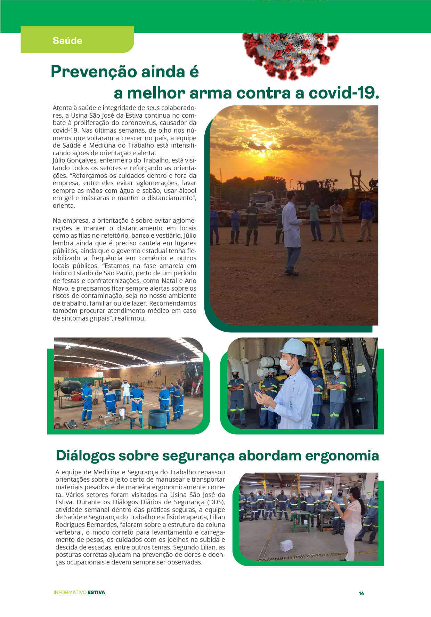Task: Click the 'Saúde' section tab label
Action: click(x=67, y=41)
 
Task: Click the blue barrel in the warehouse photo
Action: click(x=157, y=418)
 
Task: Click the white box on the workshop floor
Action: click(x=286, y=545)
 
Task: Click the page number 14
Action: click(x=361, y=593)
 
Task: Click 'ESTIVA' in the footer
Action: click(x=96, y=592)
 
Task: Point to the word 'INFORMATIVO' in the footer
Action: click(x=70, y=592)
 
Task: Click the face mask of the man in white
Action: click(x=286, y=364)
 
